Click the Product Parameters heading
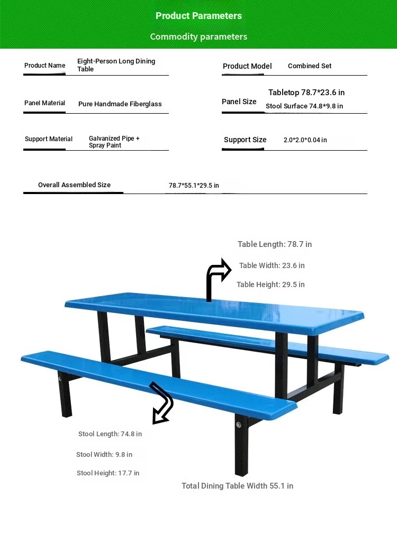click(198, 16)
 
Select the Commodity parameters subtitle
click(198, 36)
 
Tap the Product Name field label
click(45, 66)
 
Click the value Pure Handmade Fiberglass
click(120, 104)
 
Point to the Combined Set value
click(310, 66)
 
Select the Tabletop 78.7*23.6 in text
click(306, 93)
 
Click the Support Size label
click(245, 140)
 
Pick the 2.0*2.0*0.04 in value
click(305, 140)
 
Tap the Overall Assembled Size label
click(74, 185)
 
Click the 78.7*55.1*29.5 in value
click(194, 186)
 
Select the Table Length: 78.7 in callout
click(275, 244)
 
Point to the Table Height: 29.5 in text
click(270, 284)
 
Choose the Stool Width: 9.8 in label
click(104, 455)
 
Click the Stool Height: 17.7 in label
click(108, 473)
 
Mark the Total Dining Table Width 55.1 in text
click(237, 486)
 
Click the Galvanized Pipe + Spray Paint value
click(114, 142)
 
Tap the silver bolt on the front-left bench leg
click(60, 379)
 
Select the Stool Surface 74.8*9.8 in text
click(304, 106)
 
